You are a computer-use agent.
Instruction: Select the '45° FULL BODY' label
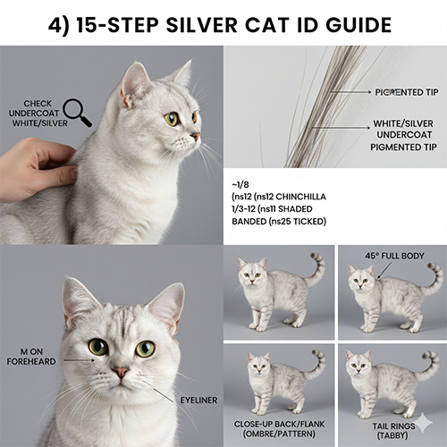tap(392, 256)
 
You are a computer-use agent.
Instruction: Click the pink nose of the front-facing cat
tap(119, 371)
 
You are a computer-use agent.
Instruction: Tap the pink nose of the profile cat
tap(196, 136)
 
